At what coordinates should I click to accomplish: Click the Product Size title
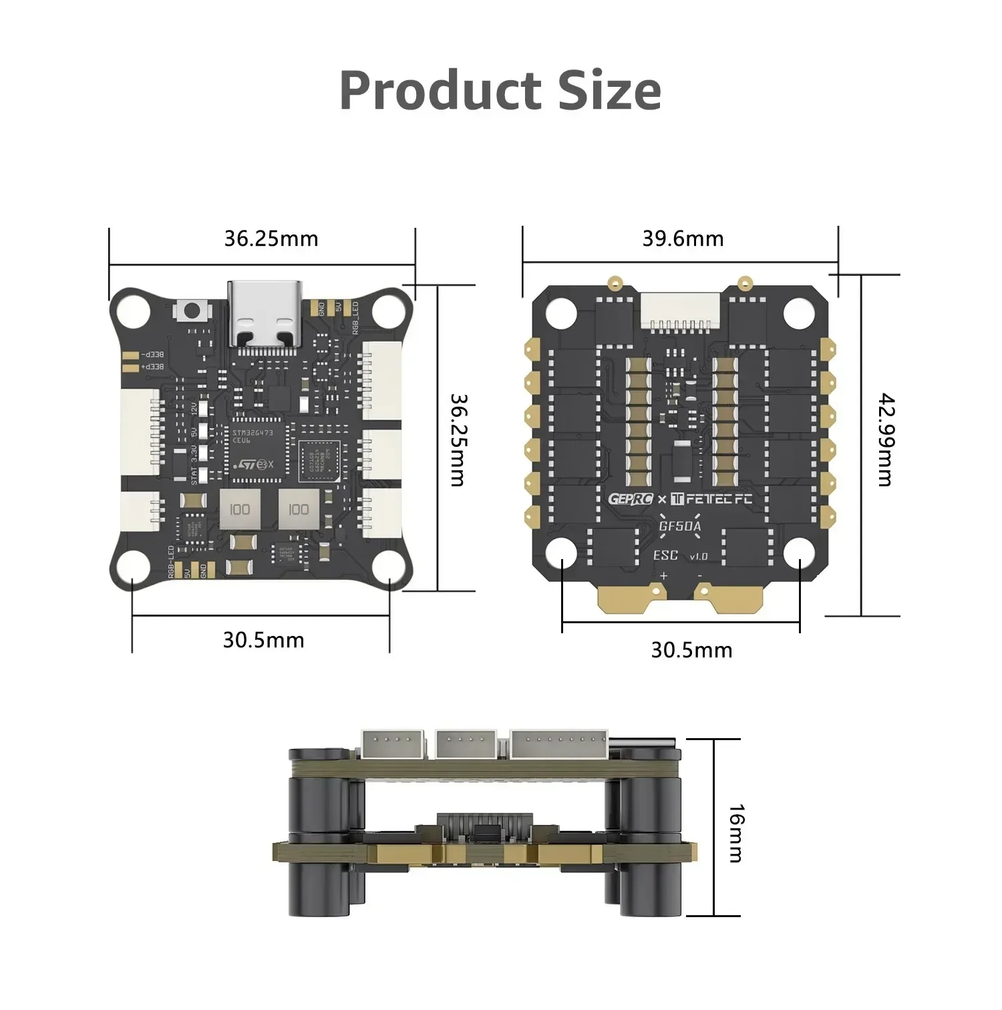click(x=500, y=90)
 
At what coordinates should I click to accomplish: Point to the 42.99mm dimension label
click(x=886, y=440)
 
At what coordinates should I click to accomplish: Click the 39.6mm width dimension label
click(x=683, y=239)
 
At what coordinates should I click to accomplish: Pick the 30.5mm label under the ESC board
click(x=691, y=650)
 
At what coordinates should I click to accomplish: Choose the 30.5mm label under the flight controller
click(x=263, y=640)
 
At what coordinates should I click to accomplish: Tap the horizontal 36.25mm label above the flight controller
click(x=271, y=239)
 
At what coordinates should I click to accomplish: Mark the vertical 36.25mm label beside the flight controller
click(x=458, y=440)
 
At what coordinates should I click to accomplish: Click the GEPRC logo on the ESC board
click(x=630, y=499)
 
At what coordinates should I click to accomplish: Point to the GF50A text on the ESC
click(x=680, y=526)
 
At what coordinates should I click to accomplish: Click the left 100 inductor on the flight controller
click(x=240, y=509)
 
